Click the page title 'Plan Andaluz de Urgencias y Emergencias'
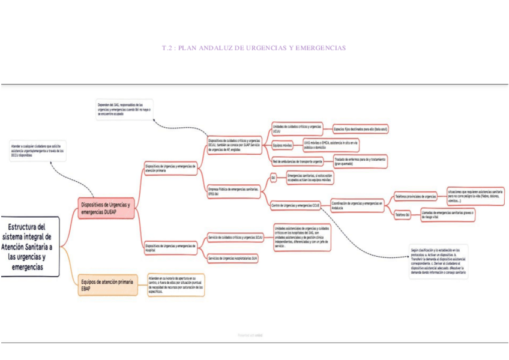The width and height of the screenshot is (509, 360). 254,48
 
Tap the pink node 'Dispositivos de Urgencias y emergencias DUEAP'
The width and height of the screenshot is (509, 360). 105,208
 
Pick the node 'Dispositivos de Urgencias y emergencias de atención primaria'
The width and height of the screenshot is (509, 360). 170,168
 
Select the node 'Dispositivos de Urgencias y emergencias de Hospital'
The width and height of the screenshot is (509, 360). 170,247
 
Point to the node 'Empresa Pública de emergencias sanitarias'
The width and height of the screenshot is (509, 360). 234,191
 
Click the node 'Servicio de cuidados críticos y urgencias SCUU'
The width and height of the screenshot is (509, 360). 235,238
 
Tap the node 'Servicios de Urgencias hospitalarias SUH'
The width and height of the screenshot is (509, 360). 233,259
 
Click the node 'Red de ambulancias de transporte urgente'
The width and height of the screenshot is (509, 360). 297,161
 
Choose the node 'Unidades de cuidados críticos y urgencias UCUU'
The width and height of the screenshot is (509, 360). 297,128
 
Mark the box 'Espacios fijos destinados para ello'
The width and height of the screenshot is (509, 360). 360,129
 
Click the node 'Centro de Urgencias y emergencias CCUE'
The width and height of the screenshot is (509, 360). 295,206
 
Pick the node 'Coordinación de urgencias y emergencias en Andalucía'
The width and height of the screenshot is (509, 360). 357,206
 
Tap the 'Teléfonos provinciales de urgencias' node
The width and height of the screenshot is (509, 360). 415,196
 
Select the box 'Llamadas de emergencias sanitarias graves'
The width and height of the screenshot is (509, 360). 449,214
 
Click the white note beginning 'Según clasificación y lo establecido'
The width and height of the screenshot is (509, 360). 438,262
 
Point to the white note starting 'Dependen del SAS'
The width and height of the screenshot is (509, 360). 124,109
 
